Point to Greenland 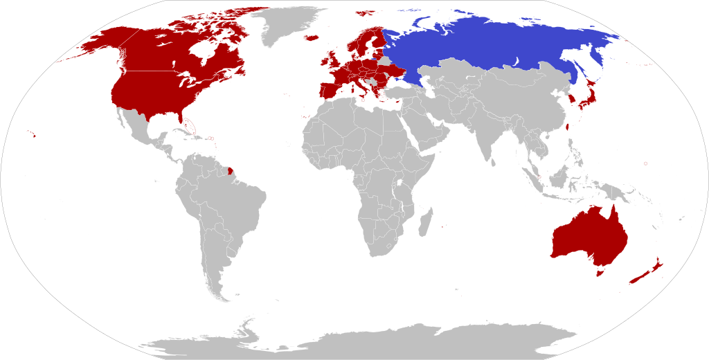click(x=287, y=24)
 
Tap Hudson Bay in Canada click(x=201, y=52)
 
